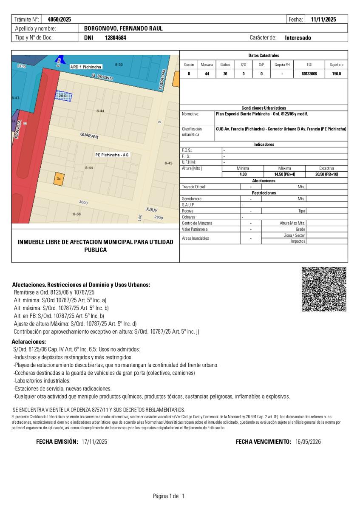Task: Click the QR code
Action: coord(324,289)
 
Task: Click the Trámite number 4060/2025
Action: coord(60,20)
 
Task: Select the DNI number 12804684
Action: coord(116,38)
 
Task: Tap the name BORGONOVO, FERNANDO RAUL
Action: coord(123,28)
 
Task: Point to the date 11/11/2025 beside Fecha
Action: coord(323,20)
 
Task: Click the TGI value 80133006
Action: coord(309,74)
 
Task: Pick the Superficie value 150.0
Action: coord(337,74)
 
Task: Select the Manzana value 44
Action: coord(207,74)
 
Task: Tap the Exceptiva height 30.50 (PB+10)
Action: coord(327,174)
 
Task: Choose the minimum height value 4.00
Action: coord(243,174)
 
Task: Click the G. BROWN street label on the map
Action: coord(102,77)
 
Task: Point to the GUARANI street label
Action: coord(89,136)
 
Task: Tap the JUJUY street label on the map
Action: coord(151,210)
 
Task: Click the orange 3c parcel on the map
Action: coord(59,179)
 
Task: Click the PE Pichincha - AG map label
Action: coord(112,155)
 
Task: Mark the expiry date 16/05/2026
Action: coord(308,442)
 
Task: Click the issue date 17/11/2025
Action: coord(94,442)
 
